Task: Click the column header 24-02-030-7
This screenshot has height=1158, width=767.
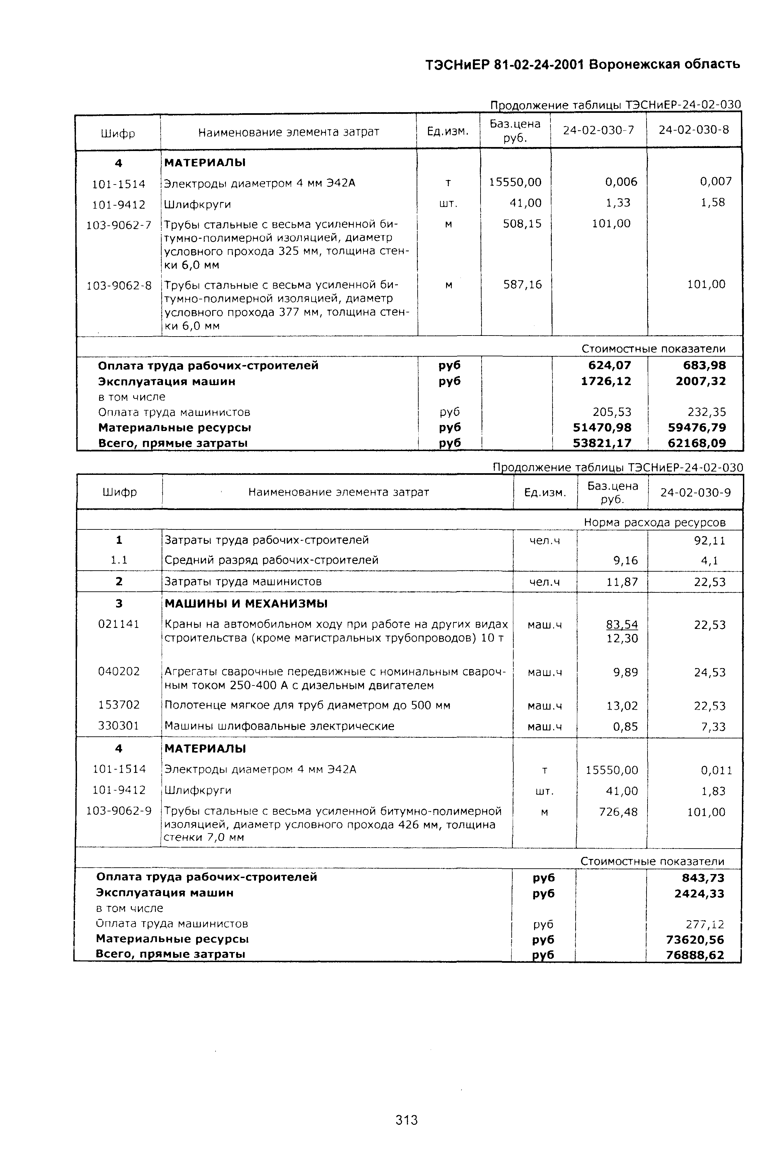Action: click(598, 130)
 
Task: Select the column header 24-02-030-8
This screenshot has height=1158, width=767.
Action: click(694, 130)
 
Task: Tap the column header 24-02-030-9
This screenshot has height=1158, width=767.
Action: click(695, 492)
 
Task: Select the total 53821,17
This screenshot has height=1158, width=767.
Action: click(602, 443)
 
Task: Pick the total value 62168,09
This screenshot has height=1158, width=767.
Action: click(697, 443)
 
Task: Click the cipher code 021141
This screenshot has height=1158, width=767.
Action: click(119, 624)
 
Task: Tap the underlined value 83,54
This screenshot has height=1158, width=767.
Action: click(622, 625)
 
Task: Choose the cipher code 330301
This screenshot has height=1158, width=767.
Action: click(119, 726)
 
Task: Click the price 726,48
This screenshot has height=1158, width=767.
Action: click(618, 812)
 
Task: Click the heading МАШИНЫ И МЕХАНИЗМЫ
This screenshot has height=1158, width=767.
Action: click(246, 603)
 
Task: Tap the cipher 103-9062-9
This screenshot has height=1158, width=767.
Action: click(119, 811)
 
